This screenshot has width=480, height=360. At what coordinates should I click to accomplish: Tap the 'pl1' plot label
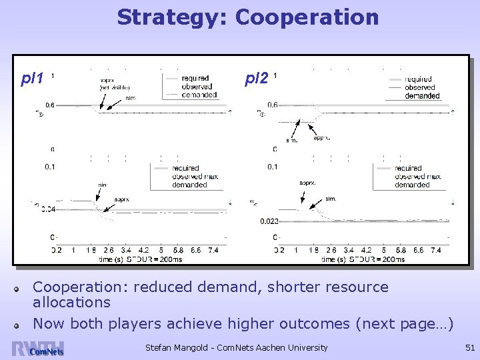pyautogui.click(x=32, y=79)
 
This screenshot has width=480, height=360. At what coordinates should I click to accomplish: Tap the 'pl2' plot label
pyautogui.click(x=257, y=79)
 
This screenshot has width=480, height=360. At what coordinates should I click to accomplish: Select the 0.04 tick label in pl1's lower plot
pyautogui.click(x=47, y=209)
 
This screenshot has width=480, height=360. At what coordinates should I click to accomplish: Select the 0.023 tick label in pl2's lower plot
pyautogui.click(x=269, y=221)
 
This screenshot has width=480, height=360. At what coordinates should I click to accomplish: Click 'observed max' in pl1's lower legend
pyautogui.click(x=194, y=177)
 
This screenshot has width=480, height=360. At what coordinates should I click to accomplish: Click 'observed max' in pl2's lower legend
pyautogui.click(x=417, y=177)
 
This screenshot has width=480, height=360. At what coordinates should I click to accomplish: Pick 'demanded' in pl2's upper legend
pyautogui.click(x=423, y=96)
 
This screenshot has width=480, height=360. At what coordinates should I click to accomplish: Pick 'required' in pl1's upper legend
pyautogui.click(x=193, y=79)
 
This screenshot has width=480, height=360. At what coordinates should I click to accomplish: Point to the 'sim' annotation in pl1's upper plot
pyautogui.click(x=130, y=98)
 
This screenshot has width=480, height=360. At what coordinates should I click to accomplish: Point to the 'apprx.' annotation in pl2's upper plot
pyautogui.click(x=322, y=137)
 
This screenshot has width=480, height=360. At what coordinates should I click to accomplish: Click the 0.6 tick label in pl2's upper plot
pyautogui.click(x=273, y=105)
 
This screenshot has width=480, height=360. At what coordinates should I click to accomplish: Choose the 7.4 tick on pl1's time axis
pyautogui.click(x=213, y=250)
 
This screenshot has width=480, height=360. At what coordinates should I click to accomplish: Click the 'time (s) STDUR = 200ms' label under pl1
pyautogui.click(x=140, y=259)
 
